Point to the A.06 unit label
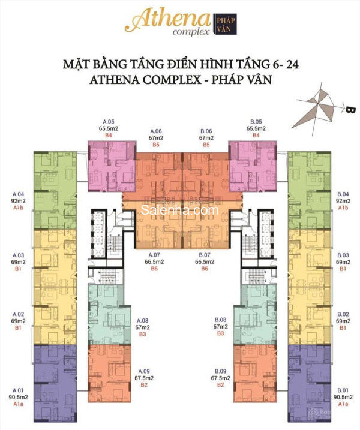[x=156, y=131]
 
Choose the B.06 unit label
[x=206, y=131]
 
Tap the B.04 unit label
[x=343, y=194]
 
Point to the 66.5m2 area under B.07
[x=206, y=261]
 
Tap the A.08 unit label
[x=142, y=320]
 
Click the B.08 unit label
[x=220, y=320]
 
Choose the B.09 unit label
[x=218, y=371]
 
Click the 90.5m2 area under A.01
[x=19, y=397]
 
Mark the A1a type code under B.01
[x=343, y=404]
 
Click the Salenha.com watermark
[x=180, y=211]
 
